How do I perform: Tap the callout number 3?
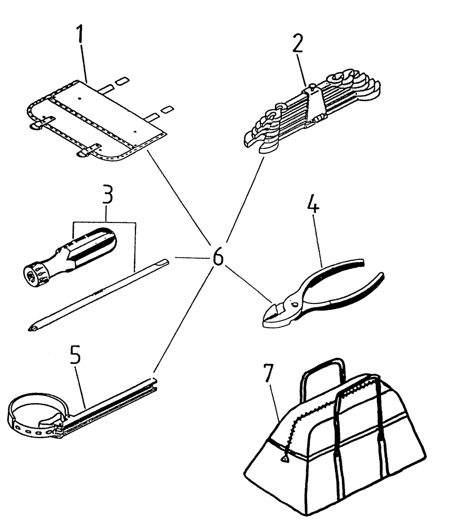tap(107, 198)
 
